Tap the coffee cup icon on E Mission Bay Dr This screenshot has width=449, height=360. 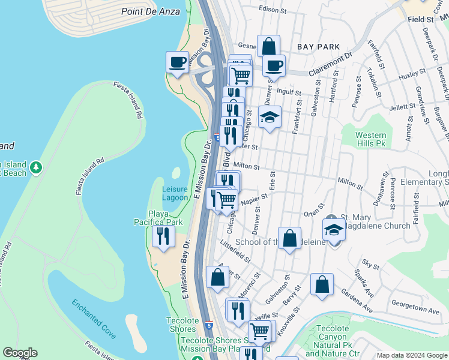[x=177, y=62]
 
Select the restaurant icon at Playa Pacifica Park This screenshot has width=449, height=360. [x=163, y=236]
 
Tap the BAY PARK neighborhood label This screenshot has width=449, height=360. [x=318, y=46]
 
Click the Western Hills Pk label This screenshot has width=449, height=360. [x=370, y=139]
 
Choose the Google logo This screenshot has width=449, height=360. [x=20, y=353]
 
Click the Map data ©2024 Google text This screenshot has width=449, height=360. [x=412, y=355]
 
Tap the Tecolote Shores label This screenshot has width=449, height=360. [x=182, y=325]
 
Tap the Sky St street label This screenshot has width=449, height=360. [x=370, y=264]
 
